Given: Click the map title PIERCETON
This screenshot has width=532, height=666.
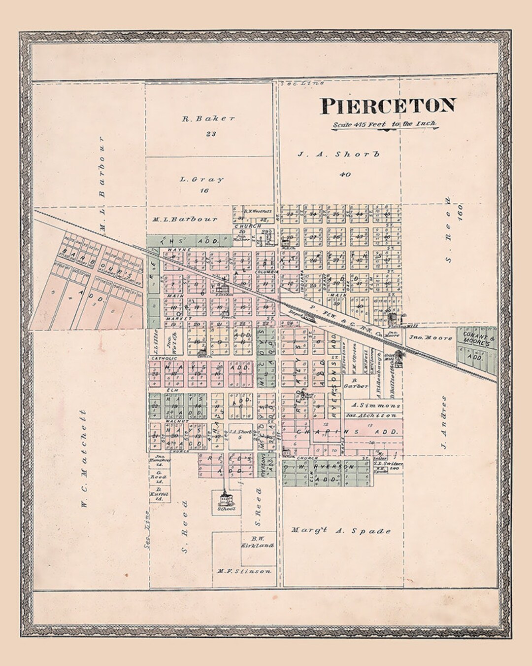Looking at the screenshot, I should click(388, 106).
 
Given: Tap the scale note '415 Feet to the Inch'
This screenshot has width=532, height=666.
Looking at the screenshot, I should click(385, 125).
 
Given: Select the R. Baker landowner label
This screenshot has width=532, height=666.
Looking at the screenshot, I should click(208, 118).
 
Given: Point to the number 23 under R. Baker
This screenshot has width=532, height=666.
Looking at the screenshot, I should click(211, 133).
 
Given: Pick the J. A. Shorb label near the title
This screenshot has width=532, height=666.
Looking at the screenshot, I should click(339, 154).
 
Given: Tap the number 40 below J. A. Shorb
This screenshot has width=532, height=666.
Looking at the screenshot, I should click(345, 174).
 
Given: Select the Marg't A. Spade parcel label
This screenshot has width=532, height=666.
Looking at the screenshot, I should click(341, 531).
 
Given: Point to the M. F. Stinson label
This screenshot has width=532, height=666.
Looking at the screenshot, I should click(244, 571).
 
